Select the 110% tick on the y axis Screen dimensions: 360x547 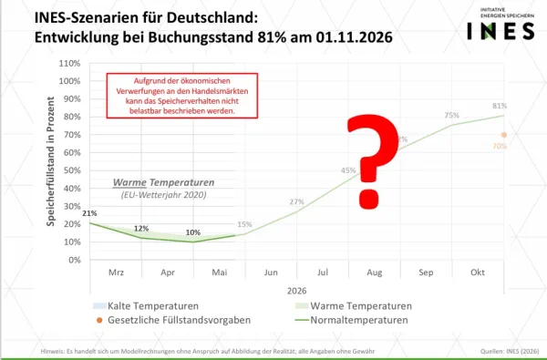click(68, 64)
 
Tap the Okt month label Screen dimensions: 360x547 click(477, 273)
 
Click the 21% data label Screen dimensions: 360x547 click(89, 212)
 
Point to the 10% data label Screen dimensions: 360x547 click(192, 231)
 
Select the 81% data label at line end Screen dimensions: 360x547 click(500, 107)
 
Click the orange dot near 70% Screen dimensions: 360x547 click(503, 135)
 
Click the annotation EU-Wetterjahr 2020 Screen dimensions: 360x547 click(160, 194)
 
